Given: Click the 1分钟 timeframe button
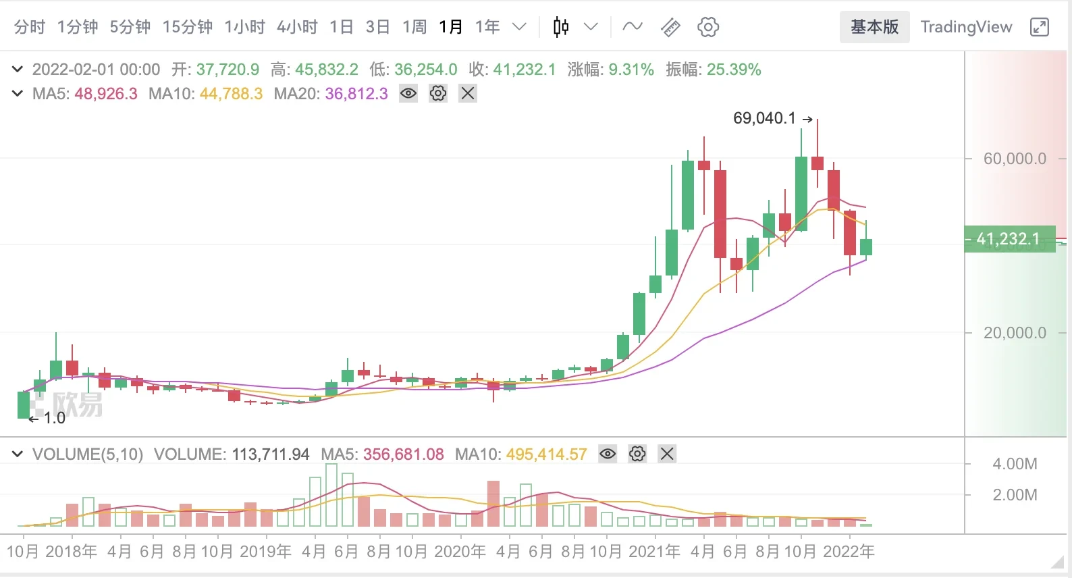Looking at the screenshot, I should pyautogui.click(x=78, y=27).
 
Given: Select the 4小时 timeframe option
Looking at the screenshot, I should pyautogui.click(x=297, y=27).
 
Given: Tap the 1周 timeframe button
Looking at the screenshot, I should pyautogui.click(x=414, y=27).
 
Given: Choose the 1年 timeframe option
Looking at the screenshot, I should pyautogui.click(x=487, y=27).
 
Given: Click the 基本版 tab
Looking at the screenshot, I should pyautogui.click(x=874, y=27).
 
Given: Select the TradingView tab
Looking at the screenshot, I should pyautogui.click(x=966, y=27).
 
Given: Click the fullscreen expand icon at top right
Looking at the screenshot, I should pyautogui.click(x=1040, y=27).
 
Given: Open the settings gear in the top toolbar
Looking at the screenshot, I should pyautogui.click(x=708, y=27).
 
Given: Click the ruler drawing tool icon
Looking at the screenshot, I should pyautogui.click(x=670, y=27).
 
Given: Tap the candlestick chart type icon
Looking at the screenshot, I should pyautogui.click(x=561, y=27).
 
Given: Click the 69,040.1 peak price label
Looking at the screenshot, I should pyautogui.click(x=764, y=118).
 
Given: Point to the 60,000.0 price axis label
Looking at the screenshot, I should pyautogui.click(x=1015, y=159).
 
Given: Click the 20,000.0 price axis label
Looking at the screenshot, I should pyautogui.click(x=1015, y=333).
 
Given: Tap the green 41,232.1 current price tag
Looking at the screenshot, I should pyautogui.click(x=1009, y=239).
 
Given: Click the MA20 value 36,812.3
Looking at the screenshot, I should pyautogui.click(x=356, y=94).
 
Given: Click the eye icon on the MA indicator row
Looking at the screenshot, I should pyautogui.click(x=408, y=93).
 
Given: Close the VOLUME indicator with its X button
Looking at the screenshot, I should pyautogui.click(x=667, y=454).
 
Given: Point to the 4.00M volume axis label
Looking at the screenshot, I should pyautogui.click(x=1015, y=464).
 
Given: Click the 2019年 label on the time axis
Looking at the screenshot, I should pyautogui.click(x=265, y=552).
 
